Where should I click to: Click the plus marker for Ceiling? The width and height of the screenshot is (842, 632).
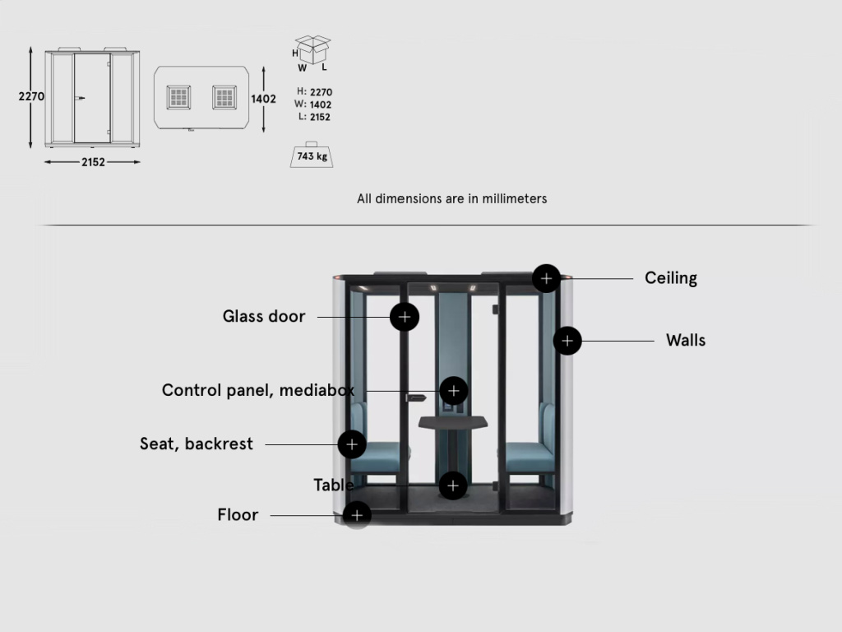tap(546, 278)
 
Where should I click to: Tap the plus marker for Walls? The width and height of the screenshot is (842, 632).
tap(567, 341)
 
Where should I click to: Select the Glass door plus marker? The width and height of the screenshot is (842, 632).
tap(405, 317)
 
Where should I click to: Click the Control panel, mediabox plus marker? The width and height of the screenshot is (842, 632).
tap(453, 391)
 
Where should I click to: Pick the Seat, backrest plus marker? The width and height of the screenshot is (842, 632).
tap(352, 444)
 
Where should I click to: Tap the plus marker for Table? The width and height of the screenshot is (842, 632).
tap(453, 486)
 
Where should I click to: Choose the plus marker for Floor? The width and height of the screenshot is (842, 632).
tap(357, 515)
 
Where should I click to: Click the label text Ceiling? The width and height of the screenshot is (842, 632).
tap(671, 278)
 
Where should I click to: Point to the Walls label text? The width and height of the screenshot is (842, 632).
tap(686, 340)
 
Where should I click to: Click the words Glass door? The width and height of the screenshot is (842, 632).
tap(264, 316)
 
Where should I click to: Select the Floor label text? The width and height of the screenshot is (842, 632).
tap(238, 515)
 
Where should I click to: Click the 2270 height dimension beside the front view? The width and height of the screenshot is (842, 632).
tap(31, 96)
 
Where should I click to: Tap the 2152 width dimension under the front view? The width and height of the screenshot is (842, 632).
tap(93, 162)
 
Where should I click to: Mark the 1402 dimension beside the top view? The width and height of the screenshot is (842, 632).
tap(263, 99)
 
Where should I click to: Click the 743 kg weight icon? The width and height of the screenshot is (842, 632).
tap(312, 155)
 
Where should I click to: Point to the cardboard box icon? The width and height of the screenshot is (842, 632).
tap(312, 49)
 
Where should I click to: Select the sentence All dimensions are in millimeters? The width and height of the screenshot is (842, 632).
tap(452, 199)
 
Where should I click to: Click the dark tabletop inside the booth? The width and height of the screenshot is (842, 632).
tap(453, 422)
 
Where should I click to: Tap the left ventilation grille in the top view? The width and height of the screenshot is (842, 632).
tap(178, 97)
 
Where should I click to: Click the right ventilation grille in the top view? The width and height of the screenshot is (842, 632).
tap(224, 97)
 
